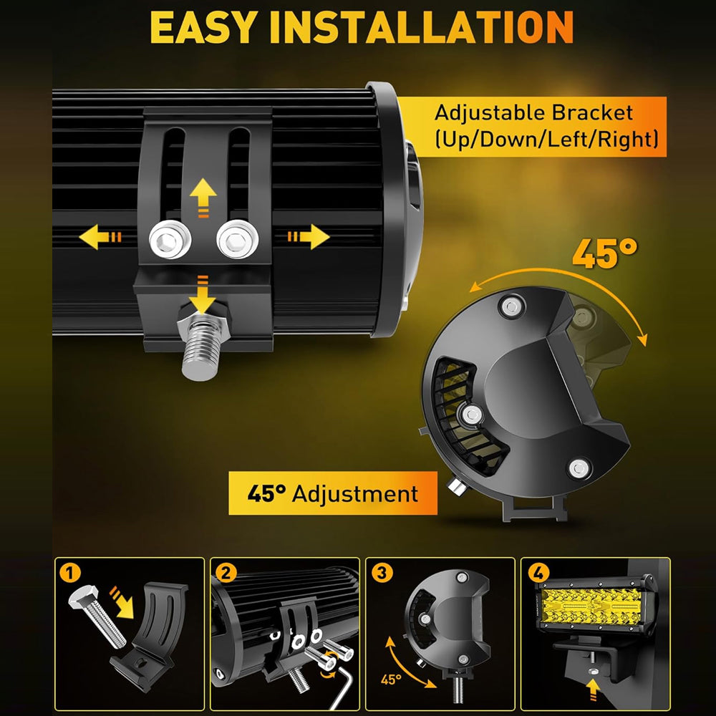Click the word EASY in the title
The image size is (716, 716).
pos(203,27)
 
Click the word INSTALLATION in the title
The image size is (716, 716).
pos(422,27)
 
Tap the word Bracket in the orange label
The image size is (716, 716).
pos(592,113)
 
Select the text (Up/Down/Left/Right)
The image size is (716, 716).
pos(546,139)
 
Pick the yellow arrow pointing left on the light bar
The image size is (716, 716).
pos(100,236)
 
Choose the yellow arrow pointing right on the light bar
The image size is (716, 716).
pos(309,236)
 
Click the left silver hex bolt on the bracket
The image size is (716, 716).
pos(170,239)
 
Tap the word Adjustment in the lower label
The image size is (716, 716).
pos(355,493)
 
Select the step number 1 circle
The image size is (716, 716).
pos(70,573)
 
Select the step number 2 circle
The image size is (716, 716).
pos(226,573)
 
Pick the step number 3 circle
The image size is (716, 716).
pos(382,573)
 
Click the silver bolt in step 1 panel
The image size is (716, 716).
pos(97,617)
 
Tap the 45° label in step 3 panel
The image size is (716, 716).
pos(391,679)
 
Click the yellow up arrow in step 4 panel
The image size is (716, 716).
pos(593,689)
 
